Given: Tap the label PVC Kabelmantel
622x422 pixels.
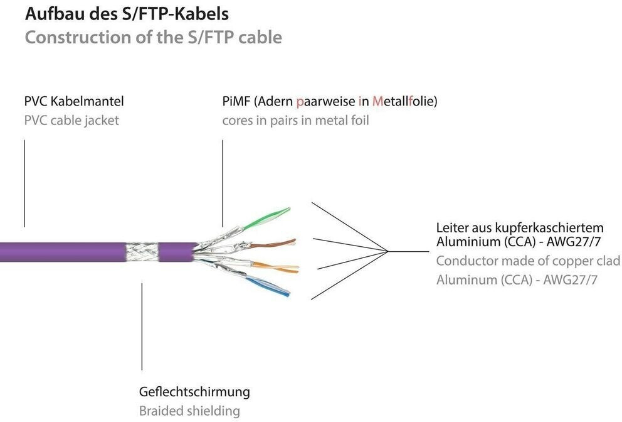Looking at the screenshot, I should [x=74, y=101].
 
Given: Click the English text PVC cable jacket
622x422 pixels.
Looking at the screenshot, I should [x=71, y=120].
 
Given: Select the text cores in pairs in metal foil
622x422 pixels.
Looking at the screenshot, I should [x=295, y=120].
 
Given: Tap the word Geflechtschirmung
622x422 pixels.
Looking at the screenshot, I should [x=194, y=392].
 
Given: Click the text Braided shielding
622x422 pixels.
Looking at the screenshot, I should [x=189, y=411].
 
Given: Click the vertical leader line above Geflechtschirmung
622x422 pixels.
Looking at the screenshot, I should [x=142, y=326].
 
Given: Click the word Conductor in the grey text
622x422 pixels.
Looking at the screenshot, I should [x=466, y=261].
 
